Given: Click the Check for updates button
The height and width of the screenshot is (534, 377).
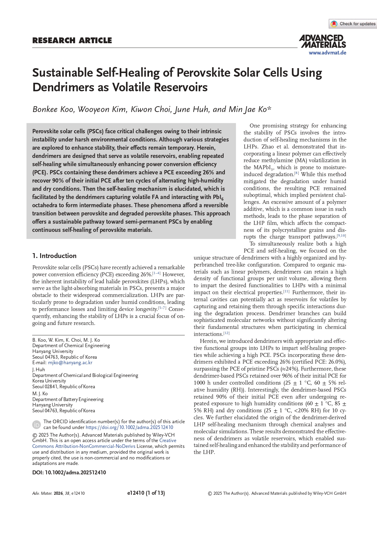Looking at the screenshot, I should coord(353,24).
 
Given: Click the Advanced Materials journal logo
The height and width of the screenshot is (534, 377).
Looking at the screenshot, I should coord(323,41).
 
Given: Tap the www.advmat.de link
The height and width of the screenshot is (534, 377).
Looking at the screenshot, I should coord(327,53).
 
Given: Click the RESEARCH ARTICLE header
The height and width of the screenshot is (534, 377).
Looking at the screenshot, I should coord(72,40).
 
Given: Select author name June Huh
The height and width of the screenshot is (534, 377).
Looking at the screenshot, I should coord(192,109).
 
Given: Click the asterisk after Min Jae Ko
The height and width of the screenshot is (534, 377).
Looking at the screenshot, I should coord(269,108).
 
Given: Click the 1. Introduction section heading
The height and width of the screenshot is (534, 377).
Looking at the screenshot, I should coord(54,256).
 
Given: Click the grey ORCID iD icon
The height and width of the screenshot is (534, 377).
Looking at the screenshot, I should coord(36,424).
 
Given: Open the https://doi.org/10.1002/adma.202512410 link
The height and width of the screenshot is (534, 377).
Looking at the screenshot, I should coord(130,427).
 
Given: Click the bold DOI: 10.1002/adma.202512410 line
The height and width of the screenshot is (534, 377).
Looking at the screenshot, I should coord(69,473).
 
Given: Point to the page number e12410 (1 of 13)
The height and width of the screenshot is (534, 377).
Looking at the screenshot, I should coord(146,493).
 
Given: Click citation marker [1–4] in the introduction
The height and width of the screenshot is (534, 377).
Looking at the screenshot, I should coord(157,273).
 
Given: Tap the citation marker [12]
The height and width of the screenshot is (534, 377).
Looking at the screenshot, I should coord(227,333).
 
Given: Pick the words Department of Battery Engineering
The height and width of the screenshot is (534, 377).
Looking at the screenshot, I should coord(68,399).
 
